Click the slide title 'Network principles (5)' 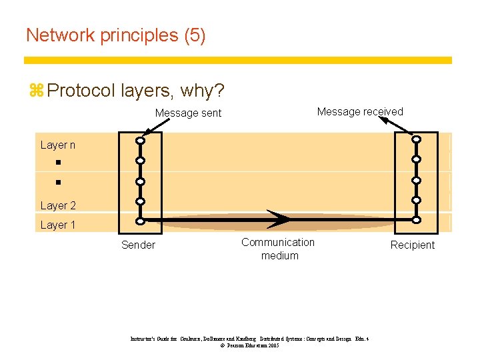pyautogui.click(x=115, y=35)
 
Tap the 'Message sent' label pyautogui.click(x=188, y=113)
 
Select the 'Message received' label pyautogui.click(x=360, y=112)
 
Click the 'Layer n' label pyautogui.click(x=58, y=145)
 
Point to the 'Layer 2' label pyautogui.click(x=58, y=205)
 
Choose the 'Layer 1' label pyautogui.click(x=58, y=225)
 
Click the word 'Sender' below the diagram pyautogui.click(x=138, y=245)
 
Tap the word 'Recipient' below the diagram pyautogui.click(x=412, y=245)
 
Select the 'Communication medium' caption pyautogui.click(x=279, y=249)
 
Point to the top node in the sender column pyautogui.click(x=141, y=141)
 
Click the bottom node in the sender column pyautogui.click(x=141, y=221)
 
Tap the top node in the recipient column pyautogui.click(x=416, y=139)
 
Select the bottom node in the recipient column pyautogui.click(x=416, y=220)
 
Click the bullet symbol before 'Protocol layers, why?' pyautogui.click(x=37, y=90)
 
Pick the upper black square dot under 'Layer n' pyautogui.click(x=58, y=163)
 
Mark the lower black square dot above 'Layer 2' pyautogui.click(x=58, y=181)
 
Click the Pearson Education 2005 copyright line pyautogui.click(x=249, y=346)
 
